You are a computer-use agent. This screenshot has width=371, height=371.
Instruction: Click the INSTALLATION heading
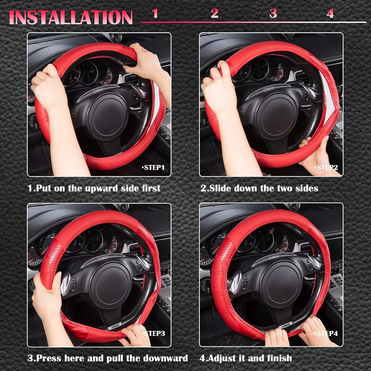pos(71,17)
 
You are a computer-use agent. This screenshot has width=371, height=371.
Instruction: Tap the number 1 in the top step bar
pos(155,13)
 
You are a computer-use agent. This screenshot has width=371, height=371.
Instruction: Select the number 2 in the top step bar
pos(214,13)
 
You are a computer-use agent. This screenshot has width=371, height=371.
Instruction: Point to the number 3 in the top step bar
pos(273,13)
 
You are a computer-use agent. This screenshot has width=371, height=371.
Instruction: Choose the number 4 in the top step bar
pos(330,13)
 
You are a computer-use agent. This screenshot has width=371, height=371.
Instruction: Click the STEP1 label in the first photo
pos(153,168)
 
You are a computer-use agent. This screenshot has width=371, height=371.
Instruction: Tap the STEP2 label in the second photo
pos(326,168)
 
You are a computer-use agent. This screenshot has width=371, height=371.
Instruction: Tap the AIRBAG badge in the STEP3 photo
pos(115,327)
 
